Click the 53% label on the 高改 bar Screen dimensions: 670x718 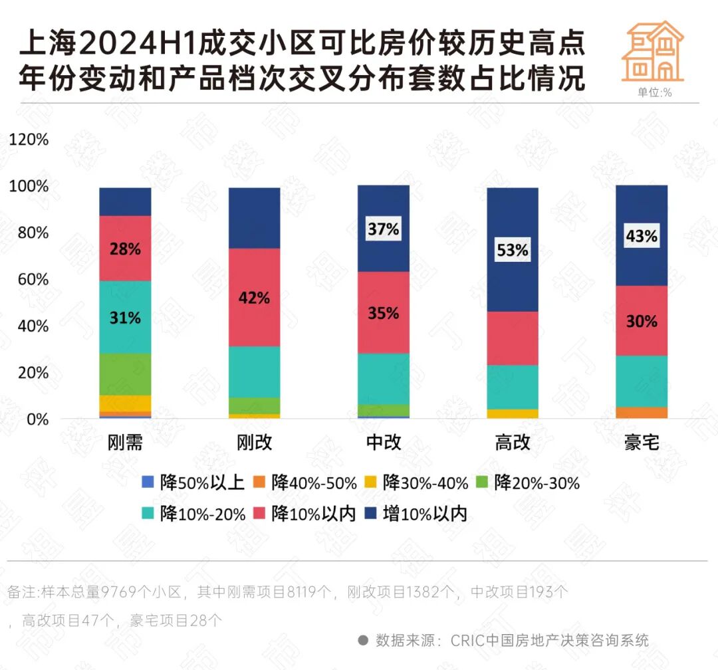(x=513, y=251)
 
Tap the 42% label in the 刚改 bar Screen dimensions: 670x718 (x=254, y=298)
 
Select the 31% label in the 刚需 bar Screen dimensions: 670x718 (x=125, y=318)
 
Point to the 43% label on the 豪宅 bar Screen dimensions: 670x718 (x=642, y=236)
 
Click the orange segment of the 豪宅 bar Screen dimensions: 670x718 (x=642, y=413)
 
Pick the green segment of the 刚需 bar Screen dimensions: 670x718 (x=125, y=374)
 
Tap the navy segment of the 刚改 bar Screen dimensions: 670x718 (x=254, y=218)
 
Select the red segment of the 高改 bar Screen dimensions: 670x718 (x=513, y=338)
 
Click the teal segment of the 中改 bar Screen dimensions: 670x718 (x=384, y=378)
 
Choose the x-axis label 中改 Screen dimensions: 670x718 (x=384, y=443)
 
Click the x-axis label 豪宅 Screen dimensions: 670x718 (x=642, y=443)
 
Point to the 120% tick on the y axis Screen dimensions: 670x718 (x=29, y=140)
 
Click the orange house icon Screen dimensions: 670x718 (x=652, y=51)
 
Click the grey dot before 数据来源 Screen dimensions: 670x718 (x=363, y=640)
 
